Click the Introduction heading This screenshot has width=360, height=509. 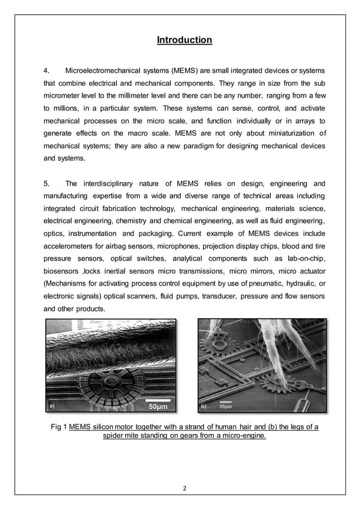[184, 40]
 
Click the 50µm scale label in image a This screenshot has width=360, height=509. [159, 406]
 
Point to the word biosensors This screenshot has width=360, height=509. [62, 272]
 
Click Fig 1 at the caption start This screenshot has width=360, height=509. [59, 427]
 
